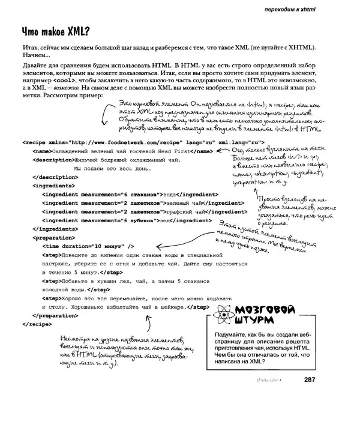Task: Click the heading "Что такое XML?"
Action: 55,32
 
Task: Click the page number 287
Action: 310,379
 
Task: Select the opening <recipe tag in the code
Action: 35,143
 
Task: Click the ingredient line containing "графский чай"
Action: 132,212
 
